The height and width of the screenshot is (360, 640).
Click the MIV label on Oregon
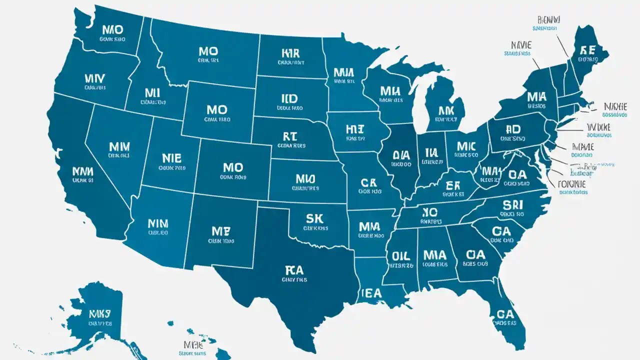[x=95, y=78]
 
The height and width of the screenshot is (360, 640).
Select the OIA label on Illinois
[x=401, y=155]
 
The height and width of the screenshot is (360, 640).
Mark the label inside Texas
[x=294, y=270]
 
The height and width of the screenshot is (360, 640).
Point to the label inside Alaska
[x=99, y=314]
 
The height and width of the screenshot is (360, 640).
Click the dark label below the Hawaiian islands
[x=192, y=345]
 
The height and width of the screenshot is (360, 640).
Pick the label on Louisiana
[x=371, y=292]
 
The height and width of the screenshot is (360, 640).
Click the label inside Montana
[x=208, y=51]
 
